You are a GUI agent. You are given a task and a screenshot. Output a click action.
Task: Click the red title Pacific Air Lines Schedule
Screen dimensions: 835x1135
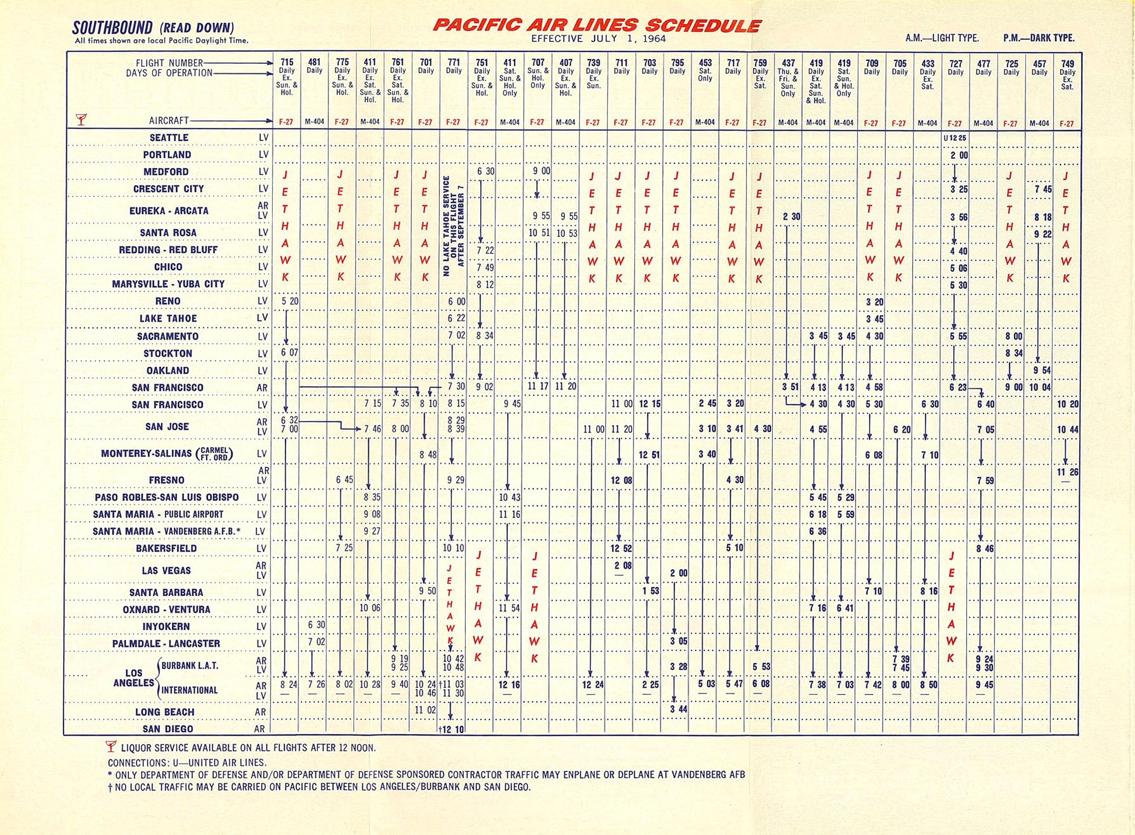click(597, 26)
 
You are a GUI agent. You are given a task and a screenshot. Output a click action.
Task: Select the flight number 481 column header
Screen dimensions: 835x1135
click(314, 63)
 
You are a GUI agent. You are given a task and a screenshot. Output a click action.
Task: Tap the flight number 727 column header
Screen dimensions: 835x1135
click(955, 64)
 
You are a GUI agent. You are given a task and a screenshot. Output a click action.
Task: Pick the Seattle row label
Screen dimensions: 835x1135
click(169, 138)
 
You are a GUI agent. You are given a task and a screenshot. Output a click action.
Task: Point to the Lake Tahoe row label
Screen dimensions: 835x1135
click(168, 318)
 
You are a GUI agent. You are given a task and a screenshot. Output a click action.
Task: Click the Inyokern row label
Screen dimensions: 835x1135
click(166, 626)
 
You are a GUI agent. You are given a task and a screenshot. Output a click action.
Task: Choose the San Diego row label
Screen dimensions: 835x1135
click(168, 729)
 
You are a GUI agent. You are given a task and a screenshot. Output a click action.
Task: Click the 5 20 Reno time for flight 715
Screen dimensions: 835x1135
click(290, 301)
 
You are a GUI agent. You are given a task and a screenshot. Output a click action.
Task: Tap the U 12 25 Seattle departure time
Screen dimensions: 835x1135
click(954, 138)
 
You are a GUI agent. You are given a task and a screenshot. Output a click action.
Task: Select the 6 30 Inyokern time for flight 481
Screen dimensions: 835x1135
click(317, 625)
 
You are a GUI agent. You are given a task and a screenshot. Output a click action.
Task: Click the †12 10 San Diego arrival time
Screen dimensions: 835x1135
click(452, 729)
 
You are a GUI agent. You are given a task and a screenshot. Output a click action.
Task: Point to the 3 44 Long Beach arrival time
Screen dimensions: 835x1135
click(679, 709)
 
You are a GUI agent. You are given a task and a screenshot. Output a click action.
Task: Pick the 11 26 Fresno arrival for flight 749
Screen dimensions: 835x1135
click(1067, 472)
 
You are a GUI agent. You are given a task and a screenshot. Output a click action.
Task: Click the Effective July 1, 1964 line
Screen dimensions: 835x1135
click(598, 39)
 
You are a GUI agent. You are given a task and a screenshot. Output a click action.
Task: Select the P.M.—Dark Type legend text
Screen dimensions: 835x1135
click(1039, 38)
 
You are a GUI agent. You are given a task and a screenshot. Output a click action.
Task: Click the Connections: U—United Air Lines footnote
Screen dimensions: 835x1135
click(187, 763)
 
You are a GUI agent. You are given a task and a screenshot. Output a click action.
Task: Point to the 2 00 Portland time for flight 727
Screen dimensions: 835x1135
click(959, 155)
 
